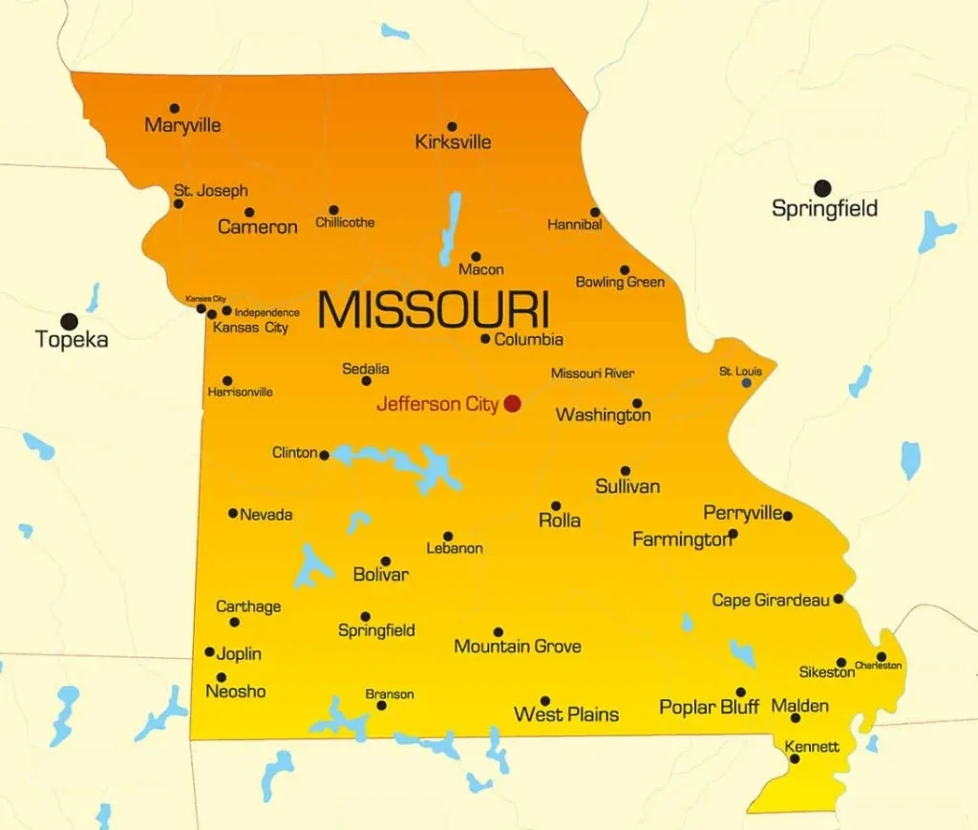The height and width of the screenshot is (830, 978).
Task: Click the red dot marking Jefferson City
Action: coord(512,403)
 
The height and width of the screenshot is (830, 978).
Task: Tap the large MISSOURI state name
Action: coord(433,309)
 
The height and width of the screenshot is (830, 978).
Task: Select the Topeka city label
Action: coord(72,339)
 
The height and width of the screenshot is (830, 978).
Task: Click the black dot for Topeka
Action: coord(69,322)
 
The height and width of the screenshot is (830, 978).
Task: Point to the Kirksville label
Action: coord(453,142)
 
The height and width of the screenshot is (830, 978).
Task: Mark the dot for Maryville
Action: coord(174,109)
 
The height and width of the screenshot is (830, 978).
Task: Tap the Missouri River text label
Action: coord(592,373)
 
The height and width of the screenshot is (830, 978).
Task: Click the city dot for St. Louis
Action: coord(747,383)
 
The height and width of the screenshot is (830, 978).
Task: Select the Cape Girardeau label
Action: coord(771,601)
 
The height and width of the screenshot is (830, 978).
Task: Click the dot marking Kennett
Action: coord(795,758)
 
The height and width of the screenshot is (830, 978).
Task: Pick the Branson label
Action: coord(390,694)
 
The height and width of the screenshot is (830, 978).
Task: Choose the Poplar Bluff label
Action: coord(709,708)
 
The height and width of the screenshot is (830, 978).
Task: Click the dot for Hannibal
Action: coord(595,212)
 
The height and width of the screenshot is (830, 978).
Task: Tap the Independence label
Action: coord(266,312)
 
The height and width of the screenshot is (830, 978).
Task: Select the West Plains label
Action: coord(566,714)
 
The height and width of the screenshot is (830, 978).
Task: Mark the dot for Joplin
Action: coord(210,652)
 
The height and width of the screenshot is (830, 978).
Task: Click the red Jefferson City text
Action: coord(437,404)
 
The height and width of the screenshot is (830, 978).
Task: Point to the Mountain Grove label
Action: coord(517,647)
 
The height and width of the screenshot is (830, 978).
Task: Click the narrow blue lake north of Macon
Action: coord(450,228)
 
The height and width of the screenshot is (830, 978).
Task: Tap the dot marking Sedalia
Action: coord(366,381)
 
